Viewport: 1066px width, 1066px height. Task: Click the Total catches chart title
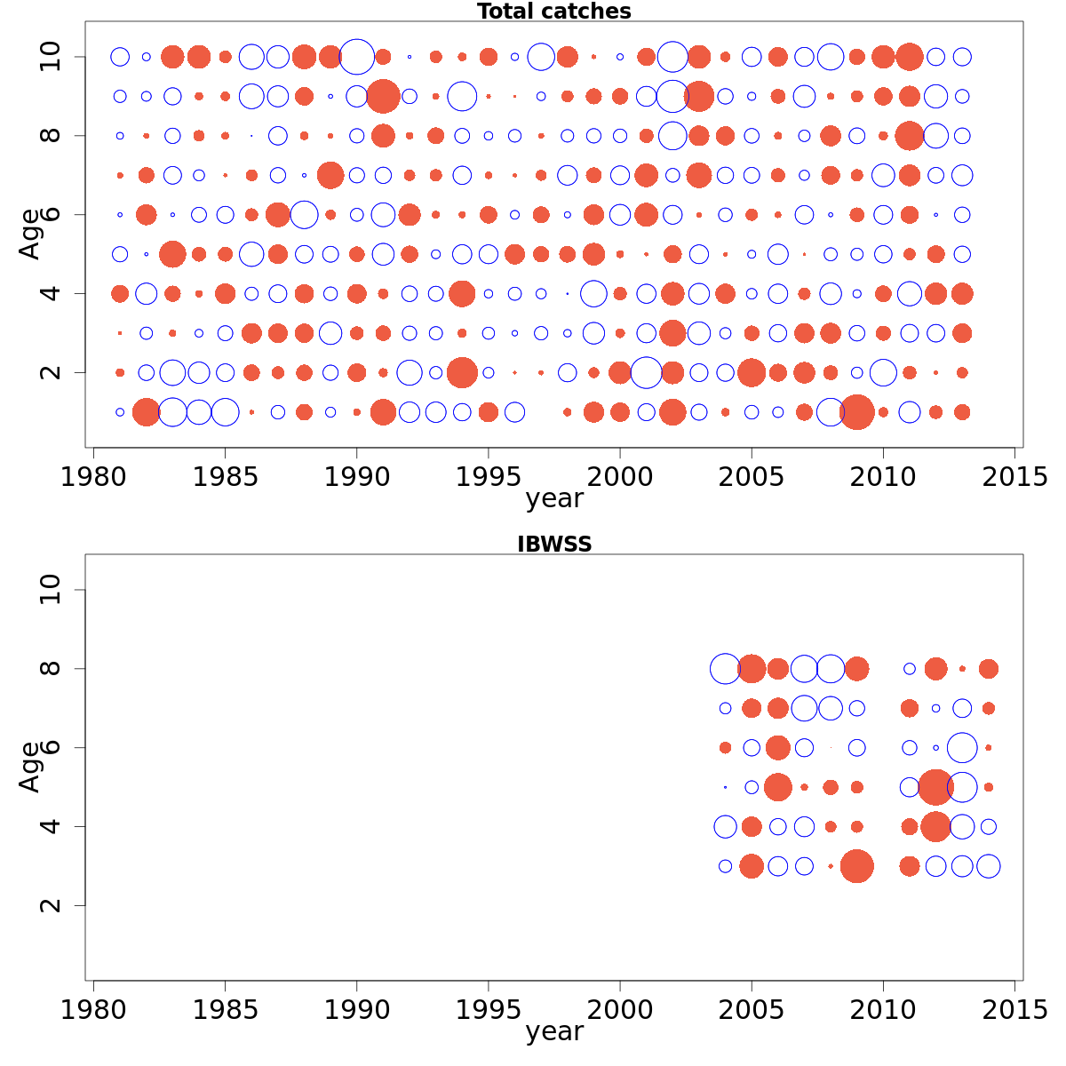[x=553, y=12]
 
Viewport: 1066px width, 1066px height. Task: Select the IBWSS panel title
[x=553, y=545]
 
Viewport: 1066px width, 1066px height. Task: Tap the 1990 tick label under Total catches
[x=356, y=477]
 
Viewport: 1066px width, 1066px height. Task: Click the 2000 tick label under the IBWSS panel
[x=620, y=1010]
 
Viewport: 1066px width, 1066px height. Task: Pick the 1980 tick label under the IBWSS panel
[x=93, y=1010]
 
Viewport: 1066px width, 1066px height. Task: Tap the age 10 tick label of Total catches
[x=52, y=57]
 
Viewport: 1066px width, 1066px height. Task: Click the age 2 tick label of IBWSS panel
[x=52, y=905]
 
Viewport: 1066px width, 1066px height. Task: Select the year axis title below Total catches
[x=553, y=499]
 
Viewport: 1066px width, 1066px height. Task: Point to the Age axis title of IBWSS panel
[x=30, y=767]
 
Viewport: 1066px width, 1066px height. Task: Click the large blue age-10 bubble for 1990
[x=356, y=57]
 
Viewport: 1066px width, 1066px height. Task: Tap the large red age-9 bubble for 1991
[x=383, y=96]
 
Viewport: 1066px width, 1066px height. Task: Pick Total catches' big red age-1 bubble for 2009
[x=856, y=412]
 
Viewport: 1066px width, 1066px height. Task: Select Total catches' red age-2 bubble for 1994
[x=462, y=372]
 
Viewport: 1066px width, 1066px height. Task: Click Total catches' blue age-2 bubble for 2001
[x=646, y=372]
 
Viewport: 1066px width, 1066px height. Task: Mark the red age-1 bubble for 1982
[x=146, y=412]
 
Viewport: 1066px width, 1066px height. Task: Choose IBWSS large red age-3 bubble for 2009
[x=856, y=866]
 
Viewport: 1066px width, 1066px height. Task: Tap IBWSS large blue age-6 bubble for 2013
[x=962, y=748]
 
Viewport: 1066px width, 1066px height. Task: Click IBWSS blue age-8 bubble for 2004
[x=725, y=669]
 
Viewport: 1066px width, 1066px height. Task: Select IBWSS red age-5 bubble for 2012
[x=935, y=787]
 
